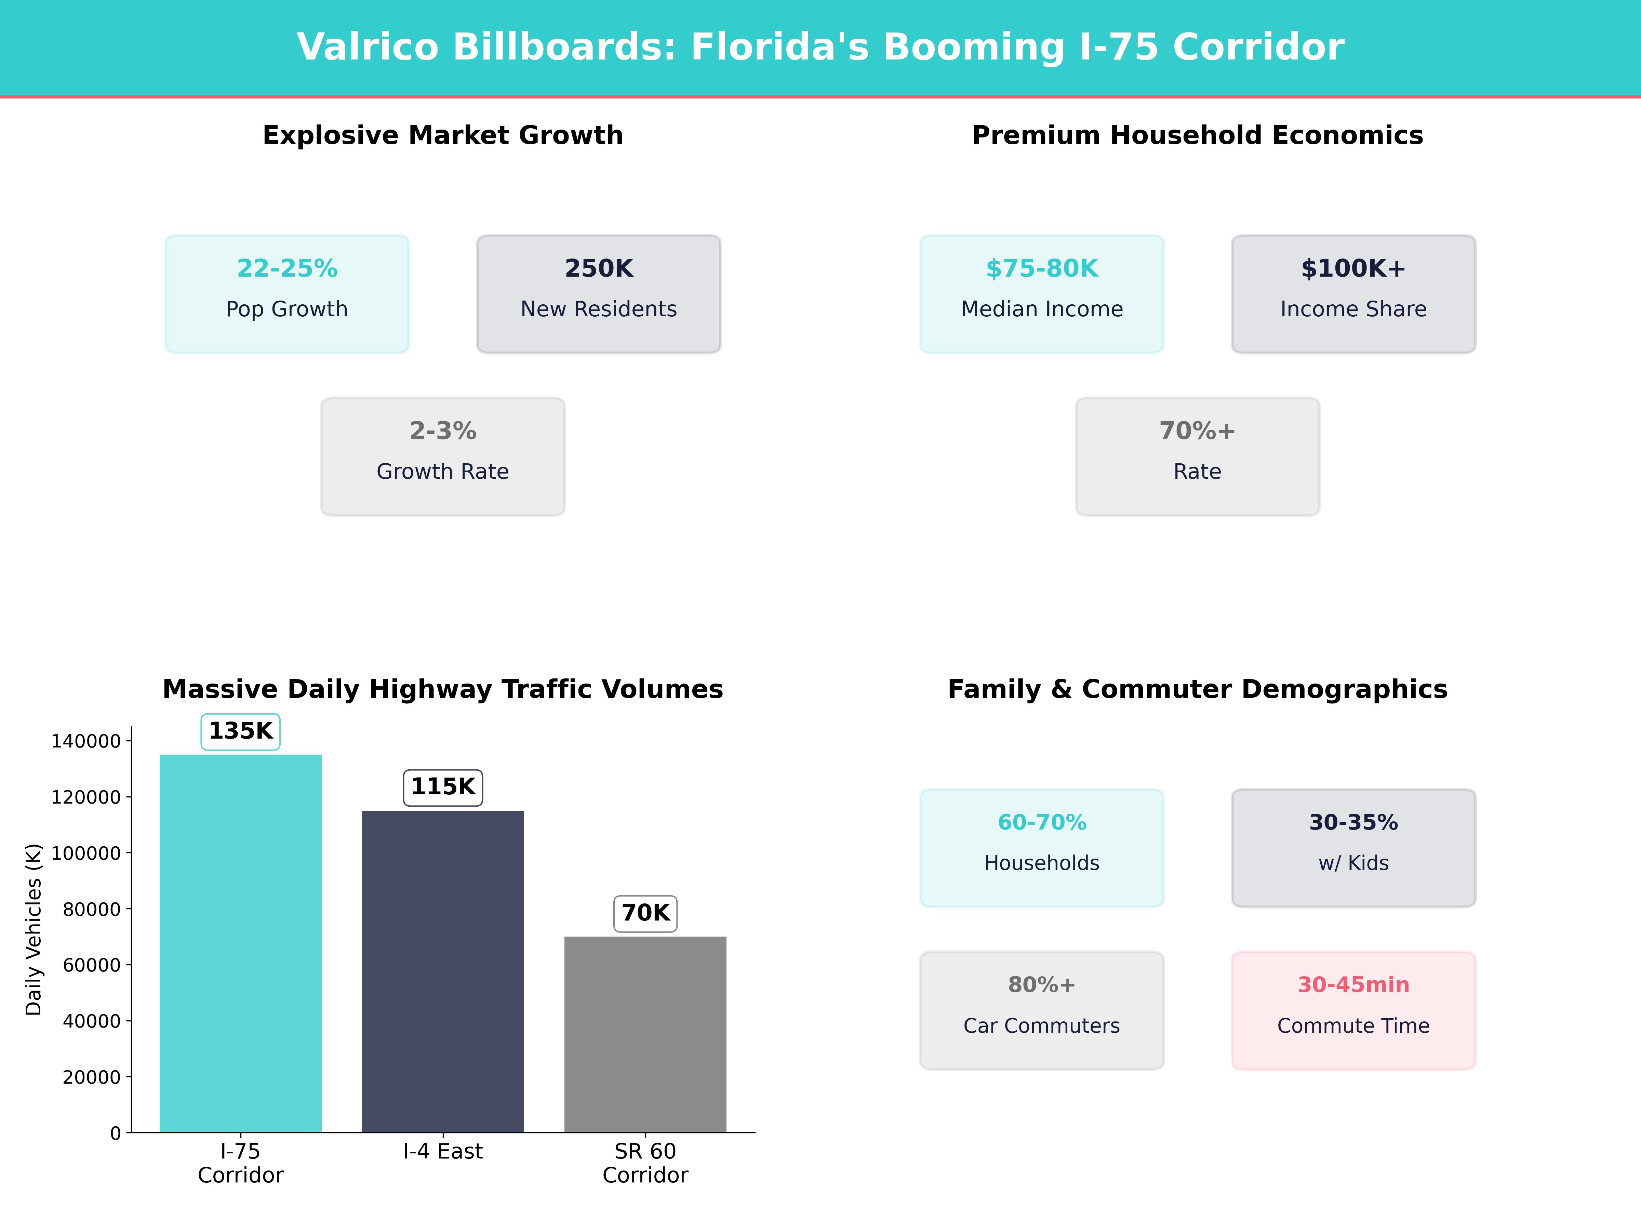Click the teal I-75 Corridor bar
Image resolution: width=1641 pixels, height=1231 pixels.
(x=240, y=942)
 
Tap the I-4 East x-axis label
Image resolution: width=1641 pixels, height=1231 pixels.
(x=443, y=1152)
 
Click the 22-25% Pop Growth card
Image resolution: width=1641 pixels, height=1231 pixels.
(x=287, y=294)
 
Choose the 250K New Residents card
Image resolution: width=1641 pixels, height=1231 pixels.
(x=599, y=294)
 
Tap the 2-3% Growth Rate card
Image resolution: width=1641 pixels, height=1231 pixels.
(x=443, y=456)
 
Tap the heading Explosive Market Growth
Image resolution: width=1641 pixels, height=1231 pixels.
(x=443, y=136)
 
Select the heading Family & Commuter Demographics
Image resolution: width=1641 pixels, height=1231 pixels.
(x=1197, y=689)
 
